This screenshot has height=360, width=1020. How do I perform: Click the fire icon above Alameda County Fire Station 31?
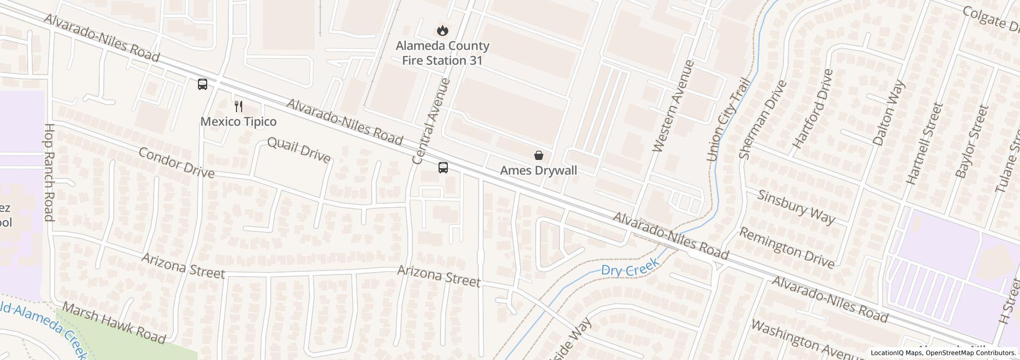441,30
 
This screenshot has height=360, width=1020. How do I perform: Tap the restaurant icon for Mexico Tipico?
238,106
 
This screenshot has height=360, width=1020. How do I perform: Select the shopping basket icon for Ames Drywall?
538,155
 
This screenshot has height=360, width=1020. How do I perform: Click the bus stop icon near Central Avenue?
443,167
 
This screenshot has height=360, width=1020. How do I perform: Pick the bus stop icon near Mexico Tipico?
203,84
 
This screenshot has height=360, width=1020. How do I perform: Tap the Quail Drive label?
299,150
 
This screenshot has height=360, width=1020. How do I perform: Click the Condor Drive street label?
176,163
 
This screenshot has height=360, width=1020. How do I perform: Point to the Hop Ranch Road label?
49,172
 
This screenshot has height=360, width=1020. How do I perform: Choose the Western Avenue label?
673,106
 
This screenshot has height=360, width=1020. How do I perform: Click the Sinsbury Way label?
796,207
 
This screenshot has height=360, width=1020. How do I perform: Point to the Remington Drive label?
787,247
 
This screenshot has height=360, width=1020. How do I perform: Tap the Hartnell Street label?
924,143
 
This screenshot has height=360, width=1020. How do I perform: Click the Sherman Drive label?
762,119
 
